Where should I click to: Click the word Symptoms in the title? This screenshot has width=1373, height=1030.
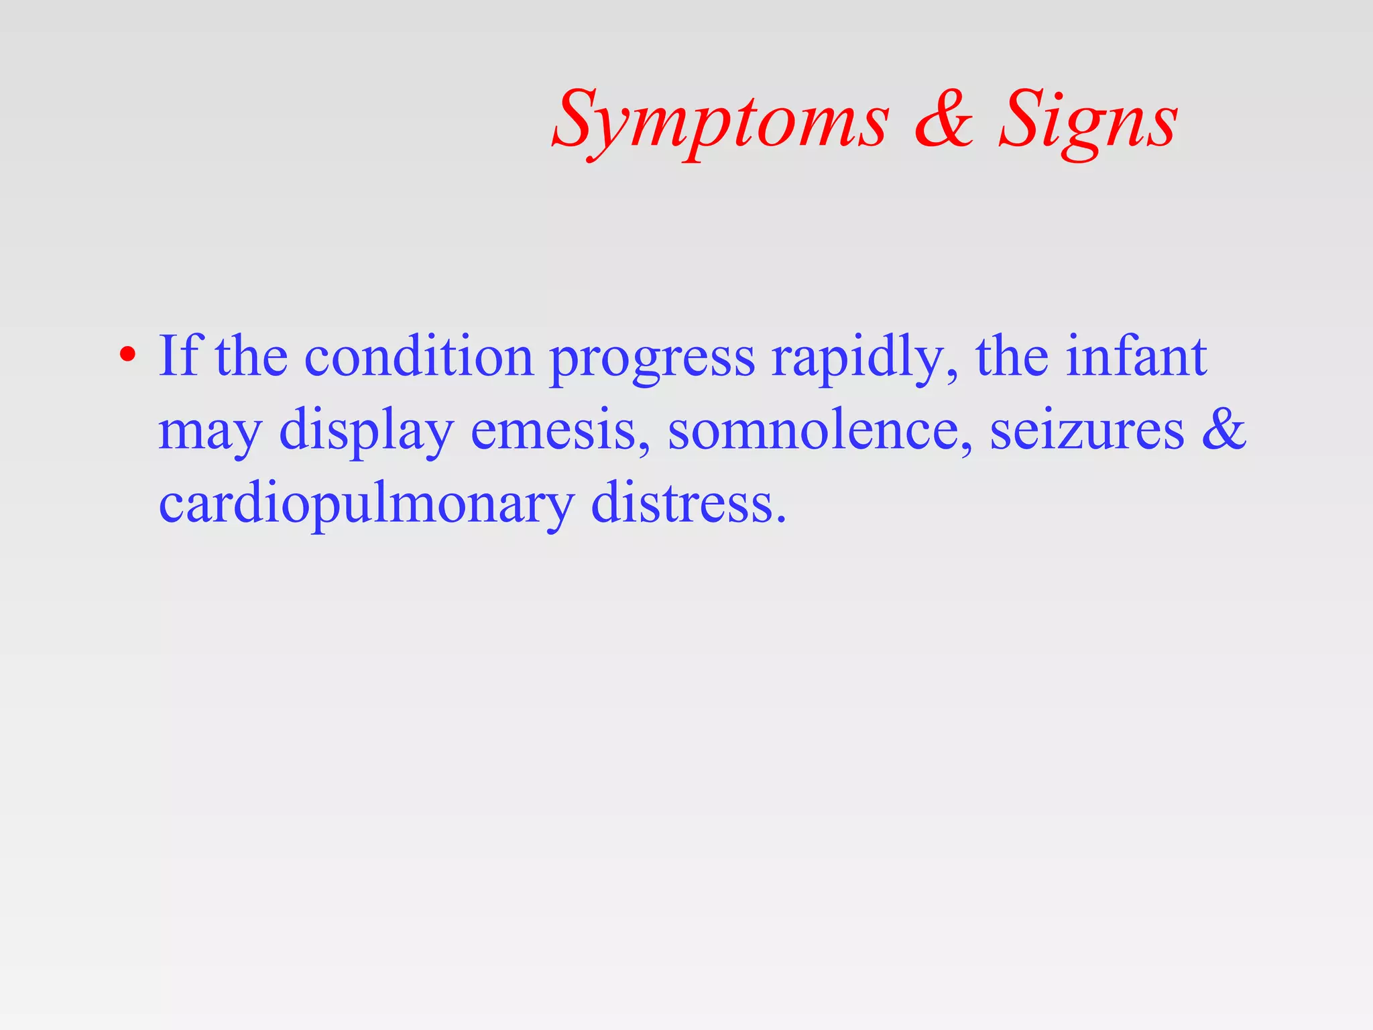click(x=721, y=121)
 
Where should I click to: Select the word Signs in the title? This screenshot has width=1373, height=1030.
click(x=1087, y=121)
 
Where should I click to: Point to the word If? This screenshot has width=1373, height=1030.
click(x=178, y=355)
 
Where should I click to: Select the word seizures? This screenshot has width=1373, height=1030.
click(x=1087, y=431)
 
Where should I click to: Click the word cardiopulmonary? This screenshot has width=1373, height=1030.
click(x=366, y=504)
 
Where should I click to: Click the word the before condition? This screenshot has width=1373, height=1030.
click(x=251, y=355)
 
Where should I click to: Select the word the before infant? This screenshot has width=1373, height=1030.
click(x=1012, y=355)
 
